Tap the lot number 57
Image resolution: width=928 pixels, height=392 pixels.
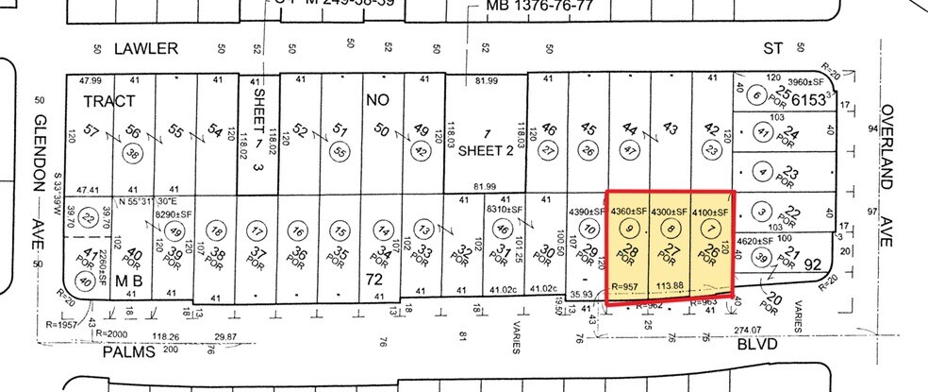[91, 130]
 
